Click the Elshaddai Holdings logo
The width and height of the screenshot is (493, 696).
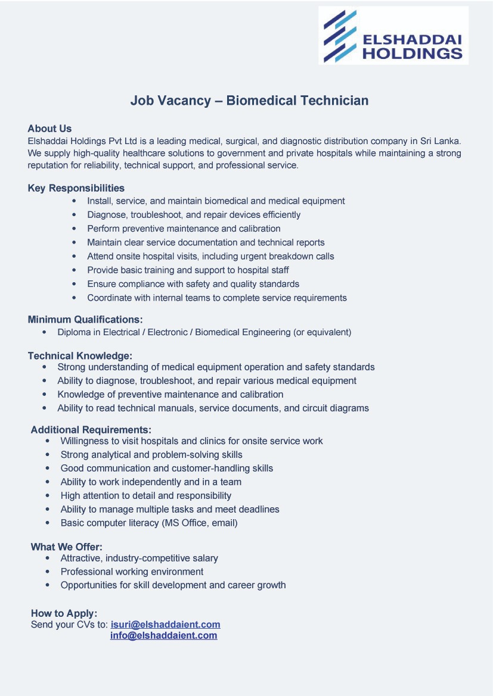[393, 35]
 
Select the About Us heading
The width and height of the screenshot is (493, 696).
[49, 129]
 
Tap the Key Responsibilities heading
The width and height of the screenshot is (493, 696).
[76, 188]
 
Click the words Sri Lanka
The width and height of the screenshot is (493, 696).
[441, 141]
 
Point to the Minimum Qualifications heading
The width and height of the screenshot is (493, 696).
[85, 319]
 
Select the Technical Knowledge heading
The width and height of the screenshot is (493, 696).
[80, 356]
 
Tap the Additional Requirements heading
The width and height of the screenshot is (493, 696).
[91, 429]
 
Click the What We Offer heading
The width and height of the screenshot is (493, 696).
[67, 547]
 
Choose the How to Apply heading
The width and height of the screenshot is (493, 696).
[64, 613]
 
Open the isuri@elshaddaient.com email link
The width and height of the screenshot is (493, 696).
[166, 625]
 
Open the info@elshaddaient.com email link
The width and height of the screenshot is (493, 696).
[163, 636]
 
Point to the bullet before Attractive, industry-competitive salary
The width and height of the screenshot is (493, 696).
[48, 558]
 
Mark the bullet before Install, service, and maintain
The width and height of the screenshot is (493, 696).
[74, 201]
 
